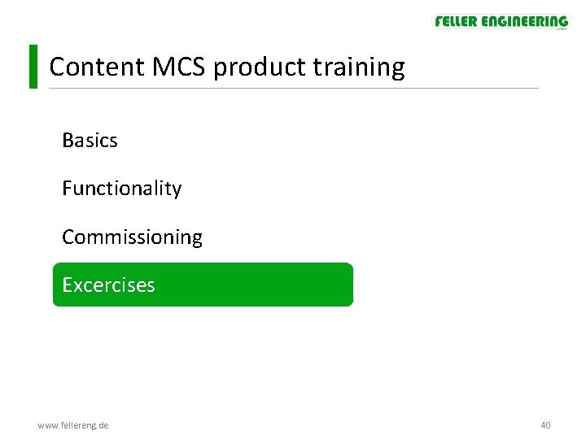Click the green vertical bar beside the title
point(33,67)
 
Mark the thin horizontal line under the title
point(326,88)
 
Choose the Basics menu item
point(90,141)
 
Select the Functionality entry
point(121,189)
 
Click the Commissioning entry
point(132,237)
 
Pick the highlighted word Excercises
point(108,285)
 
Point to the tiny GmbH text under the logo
point(561,30)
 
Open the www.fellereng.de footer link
point(73,425)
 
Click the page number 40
point(545,425)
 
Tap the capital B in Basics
point(68,141)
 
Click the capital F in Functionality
point(67,189)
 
